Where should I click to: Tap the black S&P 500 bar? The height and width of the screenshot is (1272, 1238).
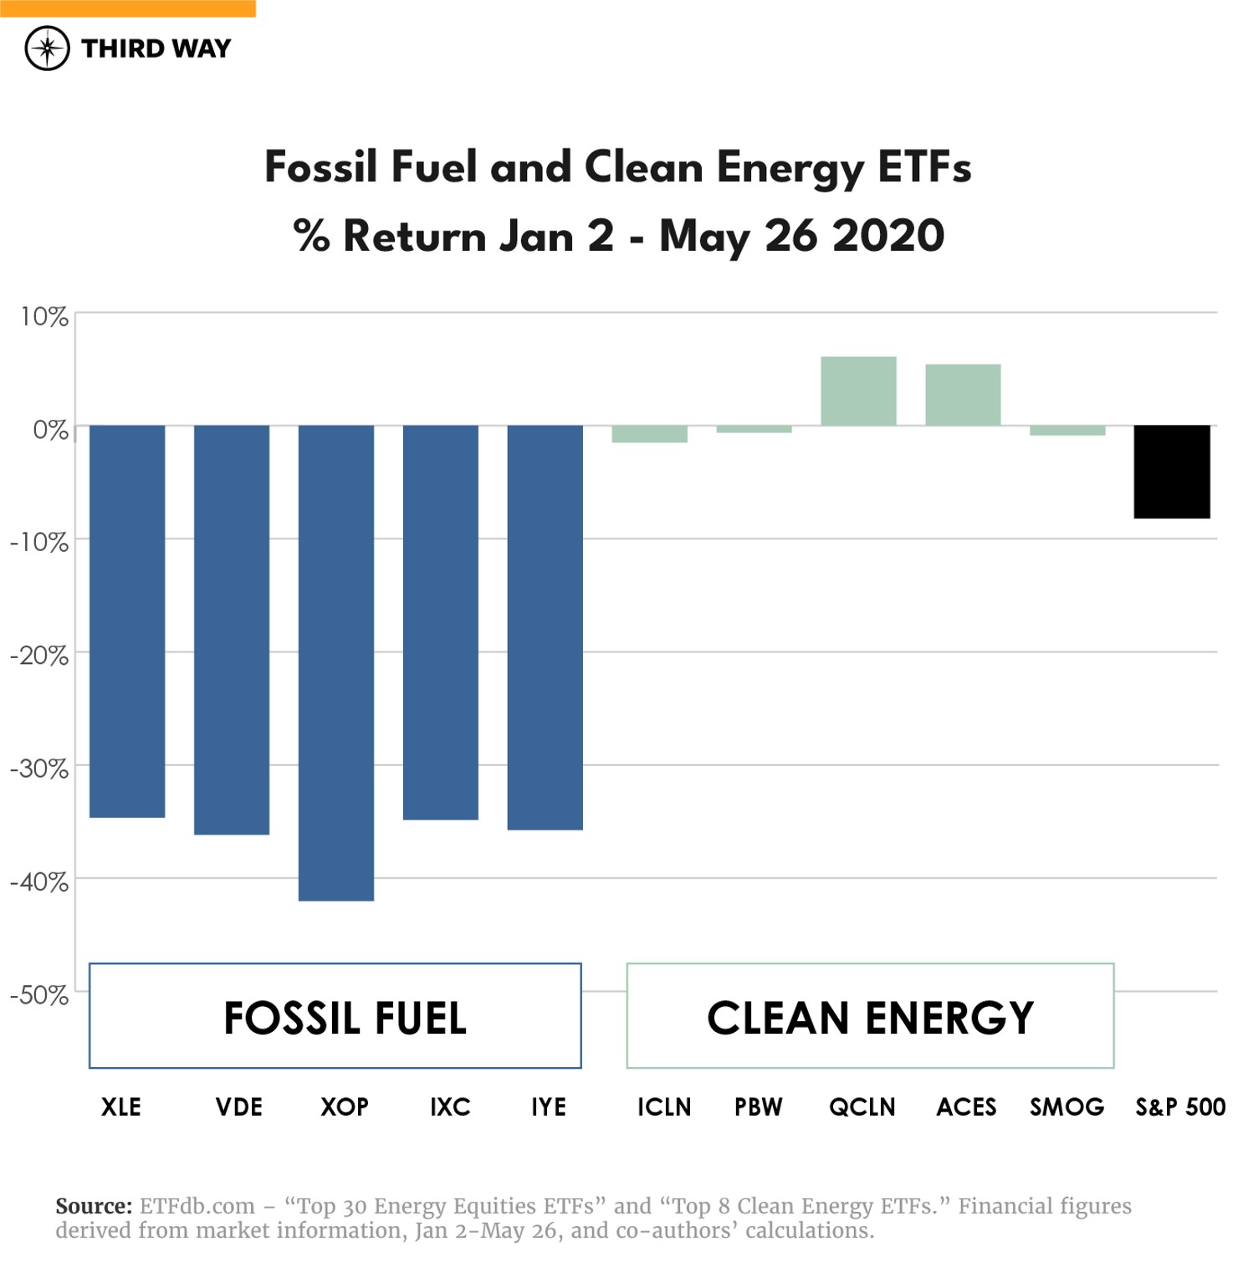pyautogui.click(x=1171, y=472)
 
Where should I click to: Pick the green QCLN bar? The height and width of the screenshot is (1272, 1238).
pyautogui.click(x=858, y=391)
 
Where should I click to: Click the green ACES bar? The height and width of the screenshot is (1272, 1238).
pyautogui.click(x=963, y=395)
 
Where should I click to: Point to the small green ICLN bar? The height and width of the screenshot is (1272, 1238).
pyautogui.click(x=649, y=434)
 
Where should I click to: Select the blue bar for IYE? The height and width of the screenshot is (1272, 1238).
pyautogui.click(x=545, y=627)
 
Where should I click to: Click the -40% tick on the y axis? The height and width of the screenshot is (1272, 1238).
pyautogui.click(x=39, y=881)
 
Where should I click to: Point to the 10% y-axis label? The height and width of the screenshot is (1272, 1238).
pyautogui.click(x=44, y=317)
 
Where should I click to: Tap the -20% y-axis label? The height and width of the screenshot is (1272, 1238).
pyautogui.click(x=39, y=656)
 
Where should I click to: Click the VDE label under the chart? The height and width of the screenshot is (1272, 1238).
pyautogui.click(x=239, y=1107)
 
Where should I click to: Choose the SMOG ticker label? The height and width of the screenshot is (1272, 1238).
pyautogui.click(x=1067, y=1107)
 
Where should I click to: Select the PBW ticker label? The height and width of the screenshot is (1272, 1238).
pyautogui.click(x=758, y=1107)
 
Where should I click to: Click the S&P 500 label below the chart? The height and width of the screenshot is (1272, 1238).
pyautogui.click(x=1179, y=1107)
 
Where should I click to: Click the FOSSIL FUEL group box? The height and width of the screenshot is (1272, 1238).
pyautogui.click(x=335, y=1016)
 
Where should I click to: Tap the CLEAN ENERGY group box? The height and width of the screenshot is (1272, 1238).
pyautogui.click(x=870, y=1016)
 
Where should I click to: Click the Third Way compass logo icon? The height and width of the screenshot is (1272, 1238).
pyautogui.click(x=47, y=49)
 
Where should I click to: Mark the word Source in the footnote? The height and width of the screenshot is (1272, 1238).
pyautogui.click(x=94, y=1206)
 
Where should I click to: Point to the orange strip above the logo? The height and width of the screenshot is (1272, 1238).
pyautogui.click(x=127, y=8)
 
